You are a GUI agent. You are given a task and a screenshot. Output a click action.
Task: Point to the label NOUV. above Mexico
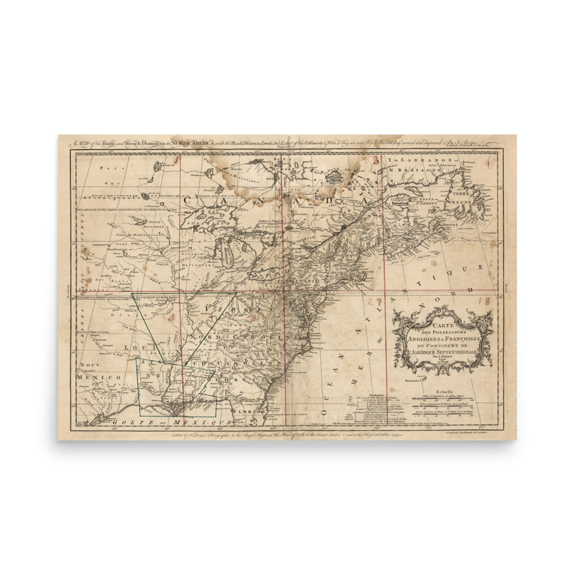tap(90, 365)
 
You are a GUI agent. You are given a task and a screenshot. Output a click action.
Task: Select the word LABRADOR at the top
tap(415, 159)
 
